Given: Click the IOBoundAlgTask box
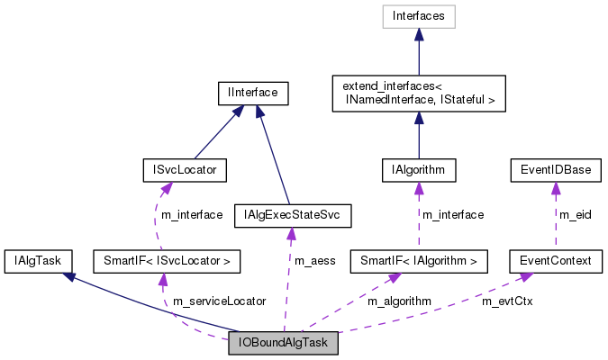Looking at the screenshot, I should tap(284, 343).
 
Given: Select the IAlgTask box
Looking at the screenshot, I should tap(32, 262).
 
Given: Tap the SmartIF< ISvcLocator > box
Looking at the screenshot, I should tap(168, 262).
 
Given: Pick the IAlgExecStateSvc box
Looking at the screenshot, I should tap(292, 215).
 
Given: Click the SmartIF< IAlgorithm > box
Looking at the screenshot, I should tap(419, 262).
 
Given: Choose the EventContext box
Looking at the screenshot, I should tap(555, 262).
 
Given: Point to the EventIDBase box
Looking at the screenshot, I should tap(555, 169).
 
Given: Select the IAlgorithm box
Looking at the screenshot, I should tap(419, 169).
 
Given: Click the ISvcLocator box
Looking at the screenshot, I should tap(185, 169).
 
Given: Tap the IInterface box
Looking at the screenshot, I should tap(253, 92).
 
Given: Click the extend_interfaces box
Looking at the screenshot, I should tap(419, 93).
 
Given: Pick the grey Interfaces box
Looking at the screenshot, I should tap(419, 16).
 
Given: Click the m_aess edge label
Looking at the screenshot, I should tap(315, 261).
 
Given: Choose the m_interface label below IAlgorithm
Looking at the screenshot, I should tap(453, 215).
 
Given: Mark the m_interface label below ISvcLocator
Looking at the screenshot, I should tap(191, 215).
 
